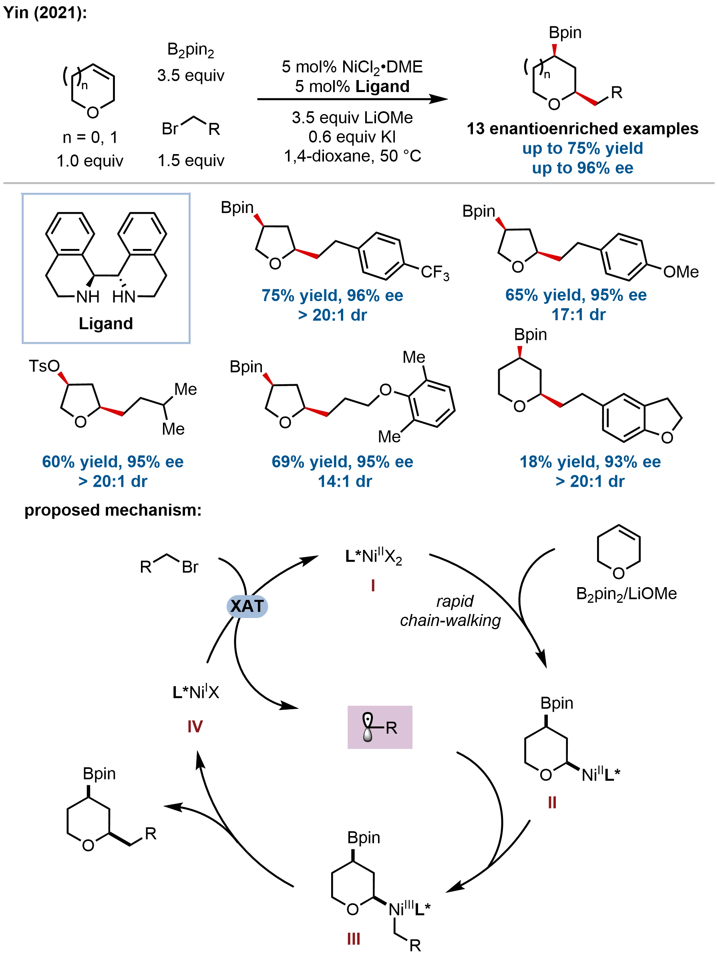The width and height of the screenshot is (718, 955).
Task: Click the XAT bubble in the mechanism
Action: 247,606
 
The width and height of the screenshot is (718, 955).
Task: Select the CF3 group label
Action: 435,273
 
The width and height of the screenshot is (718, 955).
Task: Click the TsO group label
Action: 44,366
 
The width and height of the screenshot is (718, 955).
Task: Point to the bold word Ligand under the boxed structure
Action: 106,323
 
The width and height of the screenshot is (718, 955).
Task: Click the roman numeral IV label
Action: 195,726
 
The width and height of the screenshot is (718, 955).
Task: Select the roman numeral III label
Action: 354,939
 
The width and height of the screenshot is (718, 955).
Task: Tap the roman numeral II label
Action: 552,803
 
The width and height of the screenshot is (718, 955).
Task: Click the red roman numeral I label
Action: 373,586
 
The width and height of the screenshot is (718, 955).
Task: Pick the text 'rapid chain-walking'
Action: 451,610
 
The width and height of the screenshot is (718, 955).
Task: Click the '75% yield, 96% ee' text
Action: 332,295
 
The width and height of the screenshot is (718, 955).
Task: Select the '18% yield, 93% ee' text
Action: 590,461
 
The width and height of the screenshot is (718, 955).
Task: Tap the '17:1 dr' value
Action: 579,314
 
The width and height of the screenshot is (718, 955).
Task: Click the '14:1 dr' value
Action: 345,481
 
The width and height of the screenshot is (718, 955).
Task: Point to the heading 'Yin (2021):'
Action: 45,12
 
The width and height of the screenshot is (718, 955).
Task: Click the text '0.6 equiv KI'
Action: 352,137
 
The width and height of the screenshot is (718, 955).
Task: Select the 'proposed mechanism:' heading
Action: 113,510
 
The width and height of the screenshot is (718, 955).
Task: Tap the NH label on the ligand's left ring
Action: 88,297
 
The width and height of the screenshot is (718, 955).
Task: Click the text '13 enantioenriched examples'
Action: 582,128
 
